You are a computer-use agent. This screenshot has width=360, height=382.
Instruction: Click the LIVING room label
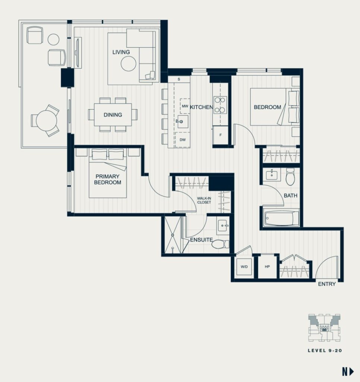pos(121,52)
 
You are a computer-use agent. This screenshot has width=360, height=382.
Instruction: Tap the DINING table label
pos(113,115)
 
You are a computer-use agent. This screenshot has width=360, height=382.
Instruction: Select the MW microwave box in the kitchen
pos(185,106)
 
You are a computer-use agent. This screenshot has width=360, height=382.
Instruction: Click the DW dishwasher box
pos(183,140)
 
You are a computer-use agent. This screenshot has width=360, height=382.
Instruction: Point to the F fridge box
pos(221,135)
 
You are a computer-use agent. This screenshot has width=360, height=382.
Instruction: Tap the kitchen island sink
pos(182,122)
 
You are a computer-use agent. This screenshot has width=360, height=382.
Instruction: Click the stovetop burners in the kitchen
pos(220,105)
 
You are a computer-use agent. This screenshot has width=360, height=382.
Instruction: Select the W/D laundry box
pos(244,267)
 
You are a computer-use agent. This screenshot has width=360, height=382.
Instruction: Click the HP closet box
pos(267,266)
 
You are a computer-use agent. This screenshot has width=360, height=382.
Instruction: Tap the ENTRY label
pos(327,284)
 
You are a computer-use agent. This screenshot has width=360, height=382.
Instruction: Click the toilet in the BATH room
pos(290,176)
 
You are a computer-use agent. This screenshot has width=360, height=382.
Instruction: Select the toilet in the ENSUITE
pos(220,244)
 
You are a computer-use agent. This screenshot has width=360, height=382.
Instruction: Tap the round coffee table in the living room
pos(129,64)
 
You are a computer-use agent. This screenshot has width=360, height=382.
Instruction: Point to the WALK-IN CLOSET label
pos(204,200)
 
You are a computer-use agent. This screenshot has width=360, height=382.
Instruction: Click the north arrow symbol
pos(348,372)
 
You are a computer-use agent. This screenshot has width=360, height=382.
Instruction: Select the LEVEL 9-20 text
pos(325,351)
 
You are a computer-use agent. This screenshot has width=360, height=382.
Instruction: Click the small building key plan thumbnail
pos(324,328)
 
